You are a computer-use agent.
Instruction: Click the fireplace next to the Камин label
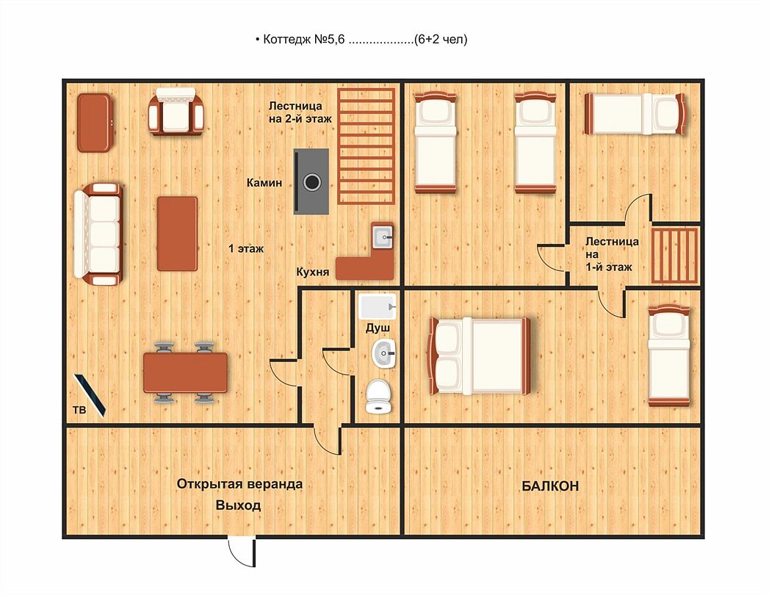[311, 181]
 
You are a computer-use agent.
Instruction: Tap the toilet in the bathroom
[378, 396]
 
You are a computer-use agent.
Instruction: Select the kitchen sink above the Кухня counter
[382, 237]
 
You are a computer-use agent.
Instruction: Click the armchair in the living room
[176, 112]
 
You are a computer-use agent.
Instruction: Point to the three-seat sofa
[98, 234]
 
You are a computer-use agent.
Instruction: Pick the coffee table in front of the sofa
[177, 234]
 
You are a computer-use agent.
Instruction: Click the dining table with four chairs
[185, 372]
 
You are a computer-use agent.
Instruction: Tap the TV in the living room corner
[90, 395]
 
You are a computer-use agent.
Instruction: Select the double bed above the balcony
[480, 356]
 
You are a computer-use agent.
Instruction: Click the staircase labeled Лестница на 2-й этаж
[367, 146]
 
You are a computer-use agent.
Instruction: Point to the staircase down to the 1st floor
[675, 255]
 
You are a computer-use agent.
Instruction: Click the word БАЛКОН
[550, 486]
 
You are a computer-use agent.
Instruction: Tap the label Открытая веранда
[239, 484]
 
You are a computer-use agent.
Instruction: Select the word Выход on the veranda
[239, 505]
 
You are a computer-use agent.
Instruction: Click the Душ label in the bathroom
[378, 328]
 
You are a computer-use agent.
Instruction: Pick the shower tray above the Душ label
[377, 306]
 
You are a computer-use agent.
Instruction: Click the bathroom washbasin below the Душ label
[383, 353]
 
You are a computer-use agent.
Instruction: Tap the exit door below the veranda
[242, 552]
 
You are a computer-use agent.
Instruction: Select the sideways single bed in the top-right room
[635, 114]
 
